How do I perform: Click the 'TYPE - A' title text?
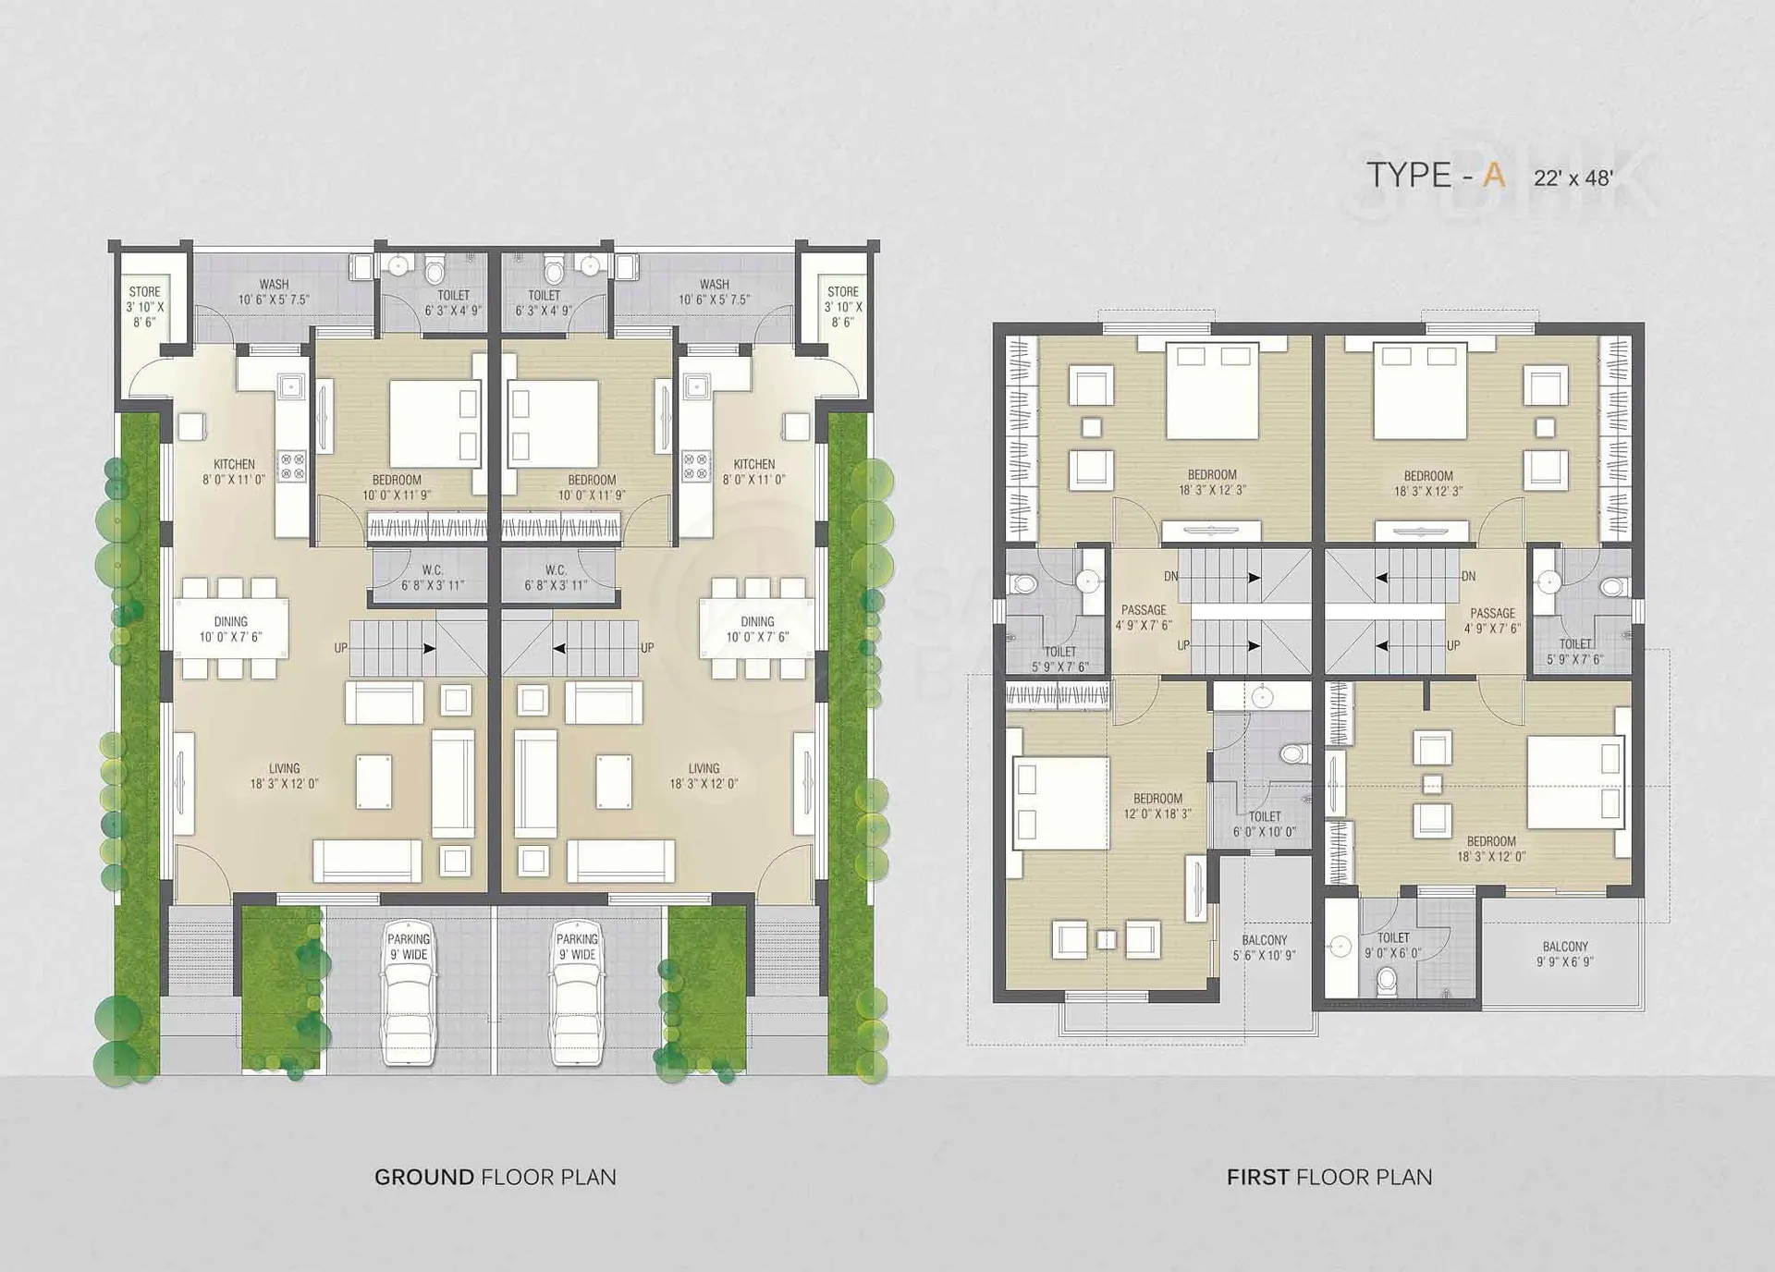point(1436,176)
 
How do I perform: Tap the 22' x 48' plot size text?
point(1573,178)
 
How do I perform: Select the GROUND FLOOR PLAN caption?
point(496,1177)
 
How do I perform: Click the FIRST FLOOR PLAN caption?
point(1329,1177)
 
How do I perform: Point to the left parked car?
point(409,993)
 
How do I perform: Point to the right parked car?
point(578,993)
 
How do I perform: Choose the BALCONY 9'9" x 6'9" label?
point(1565,954)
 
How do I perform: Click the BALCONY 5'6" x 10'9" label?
point(1265,948)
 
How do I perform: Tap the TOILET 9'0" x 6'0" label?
point(1393,945)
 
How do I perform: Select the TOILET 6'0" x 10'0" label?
point(1265,824)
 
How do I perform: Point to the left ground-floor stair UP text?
point(341,648)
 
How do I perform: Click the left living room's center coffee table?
point(373,781)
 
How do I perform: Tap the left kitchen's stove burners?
point(292,466)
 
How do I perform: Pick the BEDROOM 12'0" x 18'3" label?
point(1157,806)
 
